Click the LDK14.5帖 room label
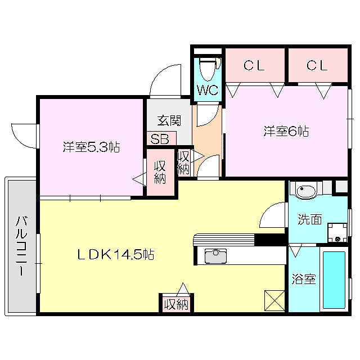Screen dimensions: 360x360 115,254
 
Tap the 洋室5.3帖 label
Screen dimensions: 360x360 91,147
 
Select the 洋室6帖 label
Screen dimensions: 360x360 286,131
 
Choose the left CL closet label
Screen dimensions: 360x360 254,66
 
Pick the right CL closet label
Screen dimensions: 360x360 317,66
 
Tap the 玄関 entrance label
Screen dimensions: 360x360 169,120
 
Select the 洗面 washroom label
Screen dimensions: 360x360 309,219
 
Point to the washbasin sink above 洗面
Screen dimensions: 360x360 308,191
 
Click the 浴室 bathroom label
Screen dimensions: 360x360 303,278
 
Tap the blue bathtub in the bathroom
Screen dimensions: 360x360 334,280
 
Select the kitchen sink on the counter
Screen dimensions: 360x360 215,256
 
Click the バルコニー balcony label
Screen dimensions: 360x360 21,245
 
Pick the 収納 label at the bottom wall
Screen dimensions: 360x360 175,304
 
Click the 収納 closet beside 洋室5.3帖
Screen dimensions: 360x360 160,172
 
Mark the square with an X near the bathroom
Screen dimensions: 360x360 274,299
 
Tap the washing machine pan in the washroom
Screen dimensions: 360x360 337,231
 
